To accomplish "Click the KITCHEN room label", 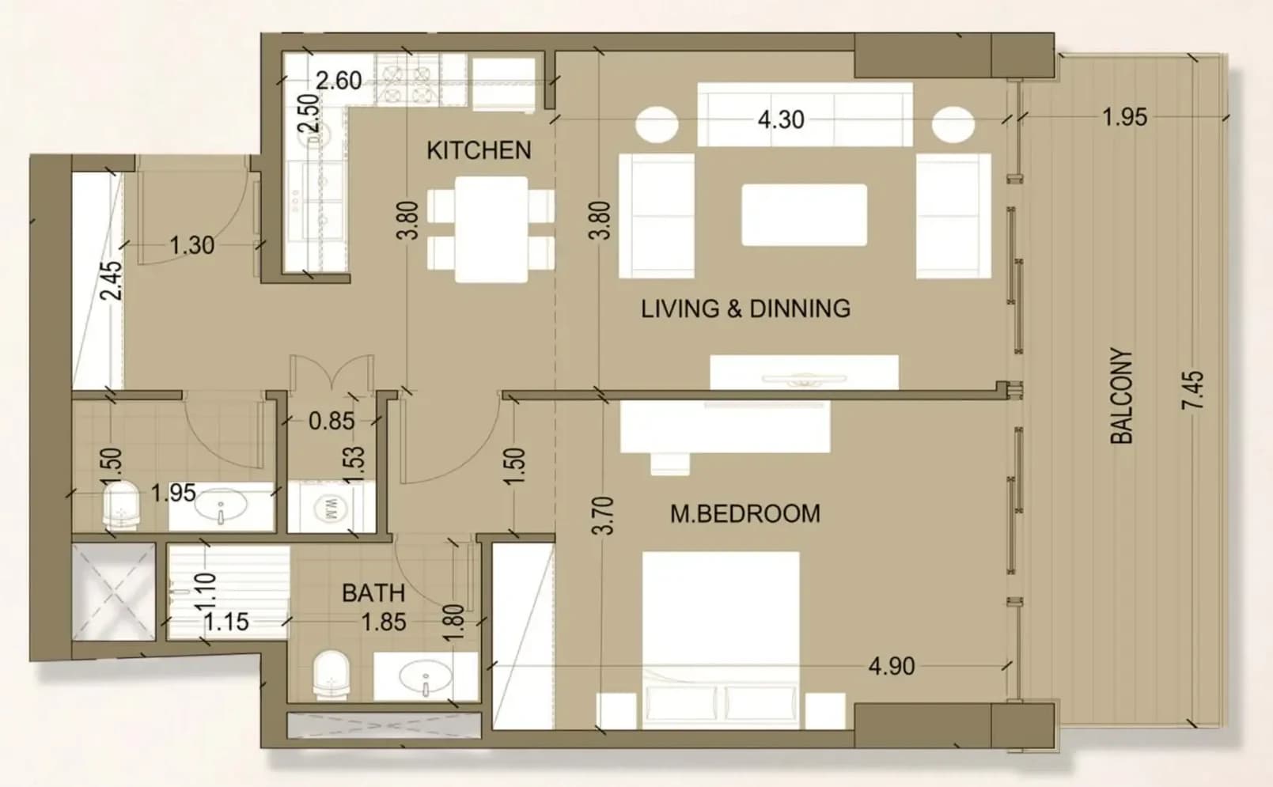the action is pyautogui.click(x=479, y=150).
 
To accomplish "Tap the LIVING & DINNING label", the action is pyautogui.click(x=745, y=308).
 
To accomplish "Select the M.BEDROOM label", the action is pyautogui.click(x=745, y=513).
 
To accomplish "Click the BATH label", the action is pyautogui.click(x=373, y=593).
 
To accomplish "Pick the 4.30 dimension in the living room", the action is pyautogui.click(x=781, y=120).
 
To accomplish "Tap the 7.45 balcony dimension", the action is pyautogui.click(x=1193, y=390).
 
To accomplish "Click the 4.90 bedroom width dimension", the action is pyautogui.click(x=892, y=667).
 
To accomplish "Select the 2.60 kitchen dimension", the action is pyautogui.click(x=339, y=81).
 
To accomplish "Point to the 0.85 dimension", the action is pyautogui.click(x=332, y=421).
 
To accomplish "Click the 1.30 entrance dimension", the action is pyautogui.click(x=192, y=245).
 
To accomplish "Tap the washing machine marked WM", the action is pyautogui.click(x=331, y=507).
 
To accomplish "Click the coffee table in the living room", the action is pyautogui.click(x=804, y=215).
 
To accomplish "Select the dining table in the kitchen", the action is pyautogui.click(x=491, y=229).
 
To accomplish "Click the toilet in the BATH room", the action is pyautogui.click(x=332, y=675).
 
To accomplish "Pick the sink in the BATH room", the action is pyautogui.click(x=426, y=676).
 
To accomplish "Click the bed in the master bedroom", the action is pyautogui.click(x=721, y=639).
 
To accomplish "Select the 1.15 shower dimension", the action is pyautogui.click(x=226, y=622).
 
